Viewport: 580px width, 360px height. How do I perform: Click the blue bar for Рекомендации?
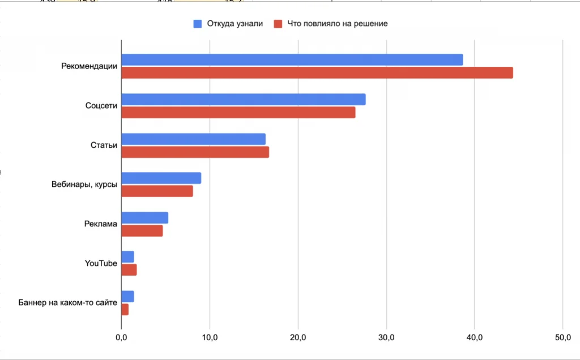coord(292,60)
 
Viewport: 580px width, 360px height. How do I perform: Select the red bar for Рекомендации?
coord(317,73)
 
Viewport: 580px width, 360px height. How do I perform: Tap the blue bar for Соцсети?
coord(243,100)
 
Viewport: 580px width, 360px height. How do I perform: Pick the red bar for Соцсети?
coord(238,113)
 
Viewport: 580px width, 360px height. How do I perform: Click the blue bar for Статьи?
coord(193,139)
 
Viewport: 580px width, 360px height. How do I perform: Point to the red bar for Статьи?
coord(195,152)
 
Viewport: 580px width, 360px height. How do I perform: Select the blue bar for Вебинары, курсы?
coord(161,178)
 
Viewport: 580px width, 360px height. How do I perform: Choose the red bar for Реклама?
coord(142,231)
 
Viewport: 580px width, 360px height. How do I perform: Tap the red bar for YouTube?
coord(129,270)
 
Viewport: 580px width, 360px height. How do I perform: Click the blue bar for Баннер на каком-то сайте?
coord(127,297)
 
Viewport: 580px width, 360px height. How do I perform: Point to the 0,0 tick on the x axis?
coord(121,338)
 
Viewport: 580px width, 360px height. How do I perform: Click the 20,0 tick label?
coord(298,338)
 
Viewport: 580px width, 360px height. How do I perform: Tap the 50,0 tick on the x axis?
coord(562,338)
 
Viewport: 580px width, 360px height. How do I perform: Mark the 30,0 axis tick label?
coord(386,338)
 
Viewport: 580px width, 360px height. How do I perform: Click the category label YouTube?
coord(101,263)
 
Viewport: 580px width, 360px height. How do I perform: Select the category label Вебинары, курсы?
coord(84,185)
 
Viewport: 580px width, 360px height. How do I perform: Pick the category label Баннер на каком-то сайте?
coord(68,303)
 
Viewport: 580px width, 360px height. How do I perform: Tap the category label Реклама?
coord(100,224)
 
